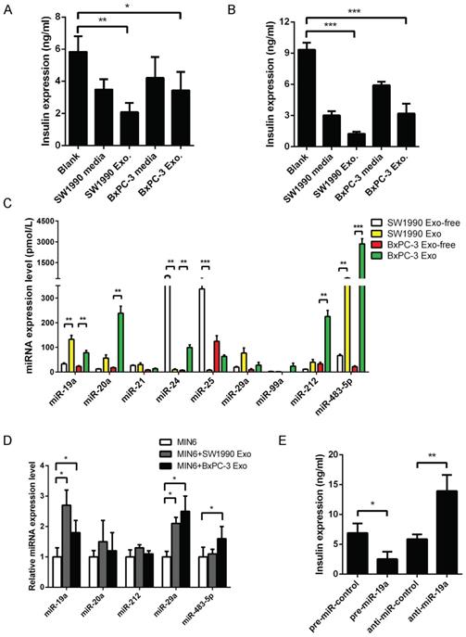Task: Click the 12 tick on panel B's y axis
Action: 279,19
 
